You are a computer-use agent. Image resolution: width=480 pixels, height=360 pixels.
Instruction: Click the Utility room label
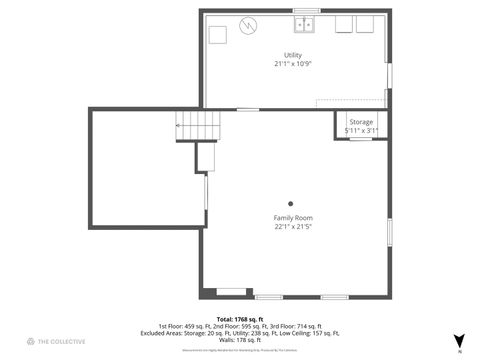point(293,55)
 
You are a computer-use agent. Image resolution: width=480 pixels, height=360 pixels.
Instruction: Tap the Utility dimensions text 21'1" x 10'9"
point(293,63)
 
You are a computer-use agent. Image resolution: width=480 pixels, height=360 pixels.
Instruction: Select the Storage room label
point(361,122)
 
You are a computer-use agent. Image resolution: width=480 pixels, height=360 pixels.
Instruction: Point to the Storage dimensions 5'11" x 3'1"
point(361,130)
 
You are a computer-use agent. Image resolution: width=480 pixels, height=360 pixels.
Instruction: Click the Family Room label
point(293,218)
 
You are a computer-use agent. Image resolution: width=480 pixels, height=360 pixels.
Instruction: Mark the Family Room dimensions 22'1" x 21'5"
point(293,226)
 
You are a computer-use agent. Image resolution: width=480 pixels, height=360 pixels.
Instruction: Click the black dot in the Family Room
point(291,203)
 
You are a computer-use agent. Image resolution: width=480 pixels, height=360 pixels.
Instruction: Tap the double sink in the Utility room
point(305,24)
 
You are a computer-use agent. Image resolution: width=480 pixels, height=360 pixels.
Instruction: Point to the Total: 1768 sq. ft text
point(240,318)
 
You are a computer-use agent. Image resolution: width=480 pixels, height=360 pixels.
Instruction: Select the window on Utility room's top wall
point(306,11)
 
